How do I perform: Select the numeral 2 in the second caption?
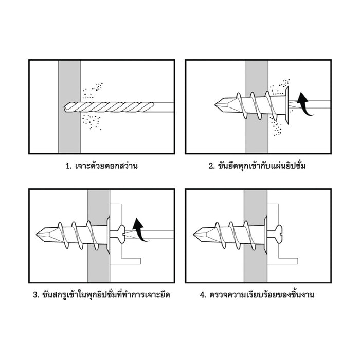(x=211, y=166)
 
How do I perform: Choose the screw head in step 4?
(x=280, y=236)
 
